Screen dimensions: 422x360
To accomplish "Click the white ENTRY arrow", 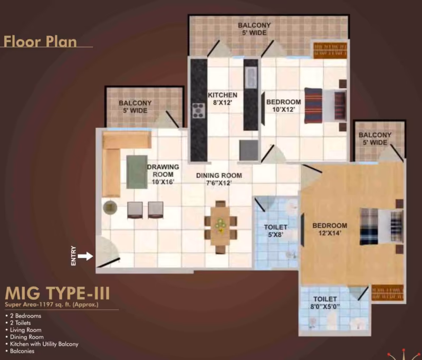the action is tap(85, 256).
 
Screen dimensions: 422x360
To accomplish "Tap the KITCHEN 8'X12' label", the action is tap(223, 99).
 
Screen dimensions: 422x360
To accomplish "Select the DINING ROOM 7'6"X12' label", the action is tap(219, 179).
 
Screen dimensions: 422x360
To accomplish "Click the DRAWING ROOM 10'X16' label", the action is tap(163, 175).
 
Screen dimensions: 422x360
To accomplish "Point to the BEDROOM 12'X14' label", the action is tap(330, 230).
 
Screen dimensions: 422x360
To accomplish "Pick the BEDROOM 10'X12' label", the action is tap(284, 106).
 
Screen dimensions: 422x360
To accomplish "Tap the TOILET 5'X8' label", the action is tap(275, 231).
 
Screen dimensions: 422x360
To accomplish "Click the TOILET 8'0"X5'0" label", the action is tap(325, 302).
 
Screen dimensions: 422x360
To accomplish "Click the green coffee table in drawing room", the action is tap(137, 172).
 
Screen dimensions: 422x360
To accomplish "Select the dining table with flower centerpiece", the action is tap(220, 226).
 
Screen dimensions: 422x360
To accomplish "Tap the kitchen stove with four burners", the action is tap(199, 110).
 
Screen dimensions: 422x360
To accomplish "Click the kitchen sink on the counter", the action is tap(251, 77).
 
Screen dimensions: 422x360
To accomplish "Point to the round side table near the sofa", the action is tap(110, 207).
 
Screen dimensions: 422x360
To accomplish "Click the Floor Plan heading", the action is tap(40, 42).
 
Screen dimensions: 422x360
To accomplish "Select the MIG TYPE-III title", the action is tap(57, 293).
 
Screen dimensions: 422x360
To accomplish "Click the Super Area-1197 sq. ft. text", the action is tap(51, 305).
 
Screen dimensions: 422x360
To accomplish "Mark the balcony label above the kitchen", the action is tap(254, 29).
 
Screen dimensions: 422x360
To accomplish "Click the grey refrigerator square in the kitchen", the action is tap(248, 150).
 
